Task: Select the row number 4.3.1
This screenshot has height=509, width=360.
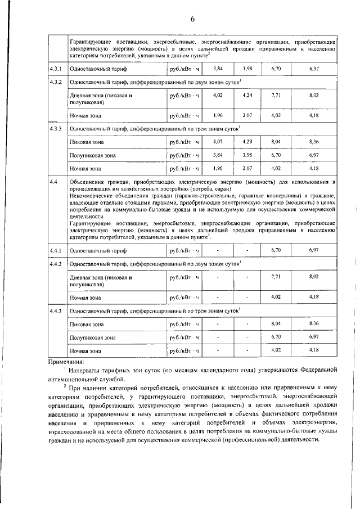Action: tap(55, 69)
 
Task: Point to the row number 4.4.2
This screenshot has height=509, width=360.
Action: tap(55, 264)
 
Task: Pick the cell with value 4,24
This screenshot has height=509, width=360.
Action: tap(247, 95)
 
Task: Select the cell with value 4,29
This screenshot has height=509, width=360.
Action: tap(247, 142)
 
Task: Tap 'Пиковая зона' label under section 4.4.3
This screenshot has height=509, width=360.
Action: tap(86, 325)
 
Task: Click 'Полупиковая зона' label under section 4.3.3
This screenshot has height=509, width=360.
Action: tap(93, 155)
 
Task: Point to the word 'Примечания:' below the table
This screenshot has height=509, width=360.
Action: tap(66, 362)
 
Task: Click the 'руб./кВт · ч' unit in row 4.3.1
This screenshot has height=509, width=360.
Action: tap(184, 69)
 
